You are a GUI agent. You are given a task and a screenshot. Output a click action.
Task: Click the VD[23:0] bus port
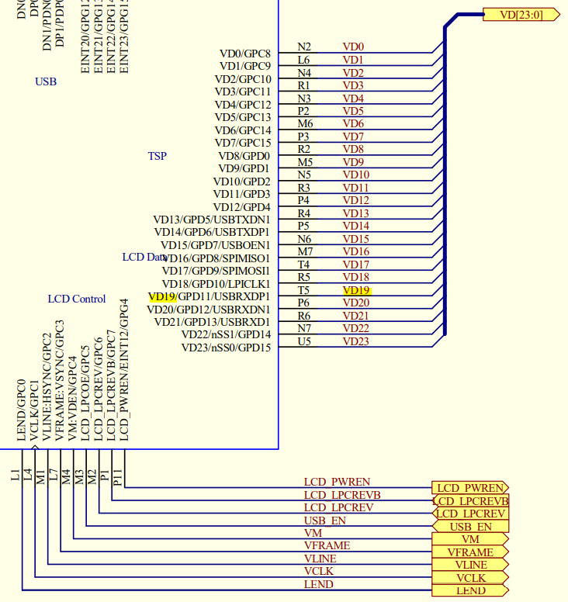[x=519, y=14]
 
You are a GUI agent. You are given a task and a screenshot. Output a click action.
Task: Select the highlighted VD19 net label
[x=356, y=290]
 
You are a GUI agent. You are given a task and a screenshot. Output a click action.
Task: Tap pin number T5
[x=303, y=290]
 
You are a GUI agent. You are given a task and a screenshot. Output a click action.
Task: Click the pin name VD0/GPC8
[x=244, y=54]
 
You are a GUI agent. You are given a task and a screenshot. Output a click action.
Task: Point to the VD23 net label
[x=355, y=341]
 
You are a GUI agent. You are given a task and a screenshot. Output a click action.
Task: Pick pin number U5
[x=304, y=341]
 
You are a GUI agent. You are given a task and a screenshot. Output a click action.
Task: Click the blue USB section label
[x=46, y=81]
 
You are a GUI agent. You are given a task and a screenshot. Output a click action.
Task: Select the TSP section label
[x=157, y=156]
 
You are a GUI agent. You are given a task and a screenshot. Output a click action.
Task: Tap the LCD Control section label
[x=77, y=299]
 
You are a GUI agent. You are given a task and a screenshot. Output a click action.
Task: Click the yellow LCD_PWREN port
[x=470, y=488]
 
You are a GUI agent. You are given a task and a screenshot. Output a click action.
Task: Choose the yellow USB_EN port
[x=470, y=527]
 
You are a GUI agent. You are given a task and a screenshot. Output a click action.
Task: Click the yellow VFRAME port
[x=470, y=552]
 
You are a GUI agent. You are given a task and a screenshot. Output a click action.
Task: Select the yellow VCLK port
[x=470, y=578]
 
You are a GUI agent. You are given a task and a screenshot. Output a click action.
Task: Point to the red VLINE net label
[x=320, y=559]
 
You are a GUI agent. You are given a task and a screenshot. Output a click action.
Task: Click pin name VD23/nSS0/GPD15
[x=226, y=348]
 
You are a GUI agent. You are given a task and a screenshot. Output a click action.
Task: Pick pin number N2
[x=304, y=47]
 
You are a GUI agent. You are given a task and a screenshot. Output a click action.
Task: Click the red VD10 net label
[x=355, y=175]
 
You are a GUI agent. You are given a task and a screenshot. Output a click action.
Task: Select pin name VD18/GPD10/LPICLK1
[x=216, y=283]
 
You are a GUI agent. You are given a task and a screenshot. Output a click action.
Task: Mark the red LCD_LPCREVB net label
[x=342, y=495]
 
